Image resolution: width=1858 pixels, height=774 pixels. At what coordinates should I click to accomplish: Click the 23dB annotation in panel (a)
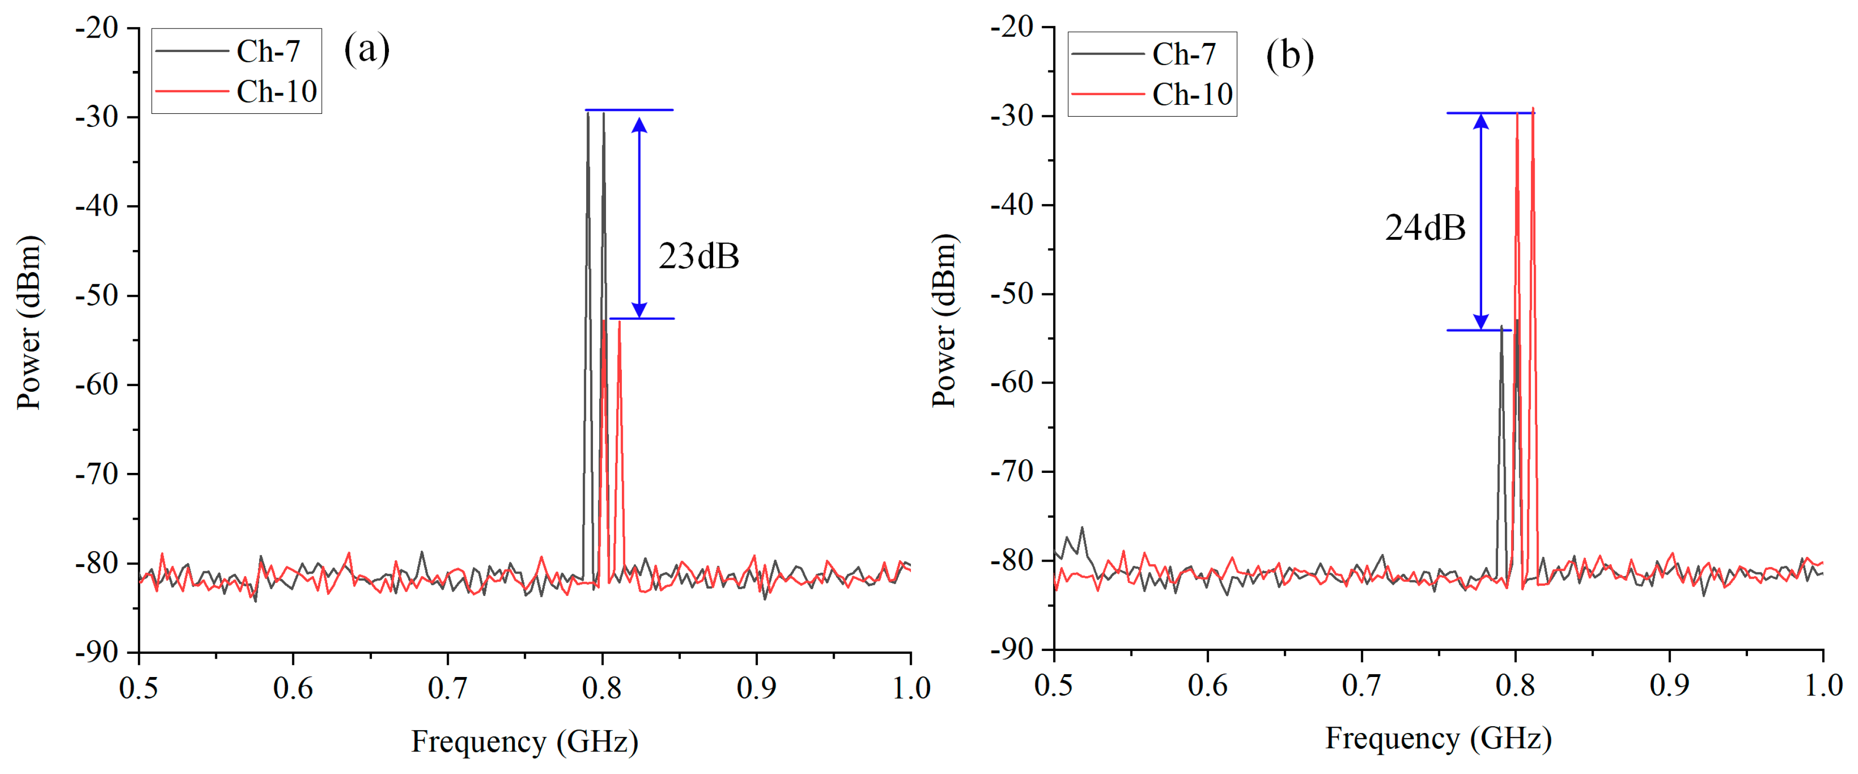click(x=698, y=256)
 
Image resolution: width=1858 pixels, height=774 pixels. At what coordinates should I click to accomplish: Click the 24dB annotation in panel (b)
click(x=1425, y=228)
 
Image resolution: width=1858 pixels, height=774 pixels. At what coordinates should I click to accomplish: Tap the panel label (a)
click(x=366, y=49)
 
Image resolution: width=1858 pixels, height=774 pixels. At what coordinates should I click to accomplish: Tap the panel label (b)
click(x=1290, y=55)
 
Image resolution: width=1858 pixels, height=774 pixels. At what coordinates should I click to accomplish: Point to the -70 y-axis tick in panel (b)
click(x=1012, y=471)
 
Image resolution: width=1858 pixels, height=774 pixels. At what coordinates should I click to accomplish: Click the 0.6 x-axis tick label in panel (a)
click(x=293, y=688)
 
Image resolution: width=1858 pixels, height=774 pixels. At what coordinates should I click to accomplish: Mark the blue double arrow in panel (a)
click(x=639, y=216)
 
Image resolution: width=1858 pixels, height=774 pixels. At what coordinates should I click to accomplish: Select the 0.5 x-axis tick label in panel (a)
click(x=138, y=688)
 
